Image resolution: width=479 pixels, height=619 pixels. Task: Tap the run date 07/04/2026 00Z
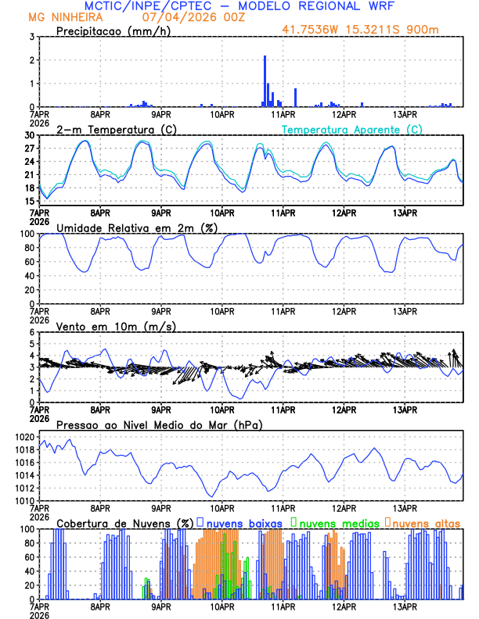182,16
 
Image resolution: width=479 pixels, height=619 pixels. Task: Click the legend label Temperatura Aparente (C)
352,129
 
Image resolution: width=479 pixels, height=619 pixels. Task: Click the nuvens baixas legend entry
244,522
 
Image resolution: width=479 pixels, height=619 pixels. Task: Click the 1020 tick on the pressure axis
26,437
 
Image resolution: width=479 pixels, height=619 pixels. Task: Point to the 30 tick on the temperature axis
28,135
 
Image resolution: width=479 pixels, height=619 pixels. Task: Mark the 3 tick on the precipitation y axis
31,37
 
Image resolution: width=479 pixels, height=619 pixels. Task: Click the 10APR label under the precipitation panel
221,114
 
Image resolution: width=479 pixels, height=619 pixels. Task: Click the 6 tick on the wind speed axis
31,332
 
